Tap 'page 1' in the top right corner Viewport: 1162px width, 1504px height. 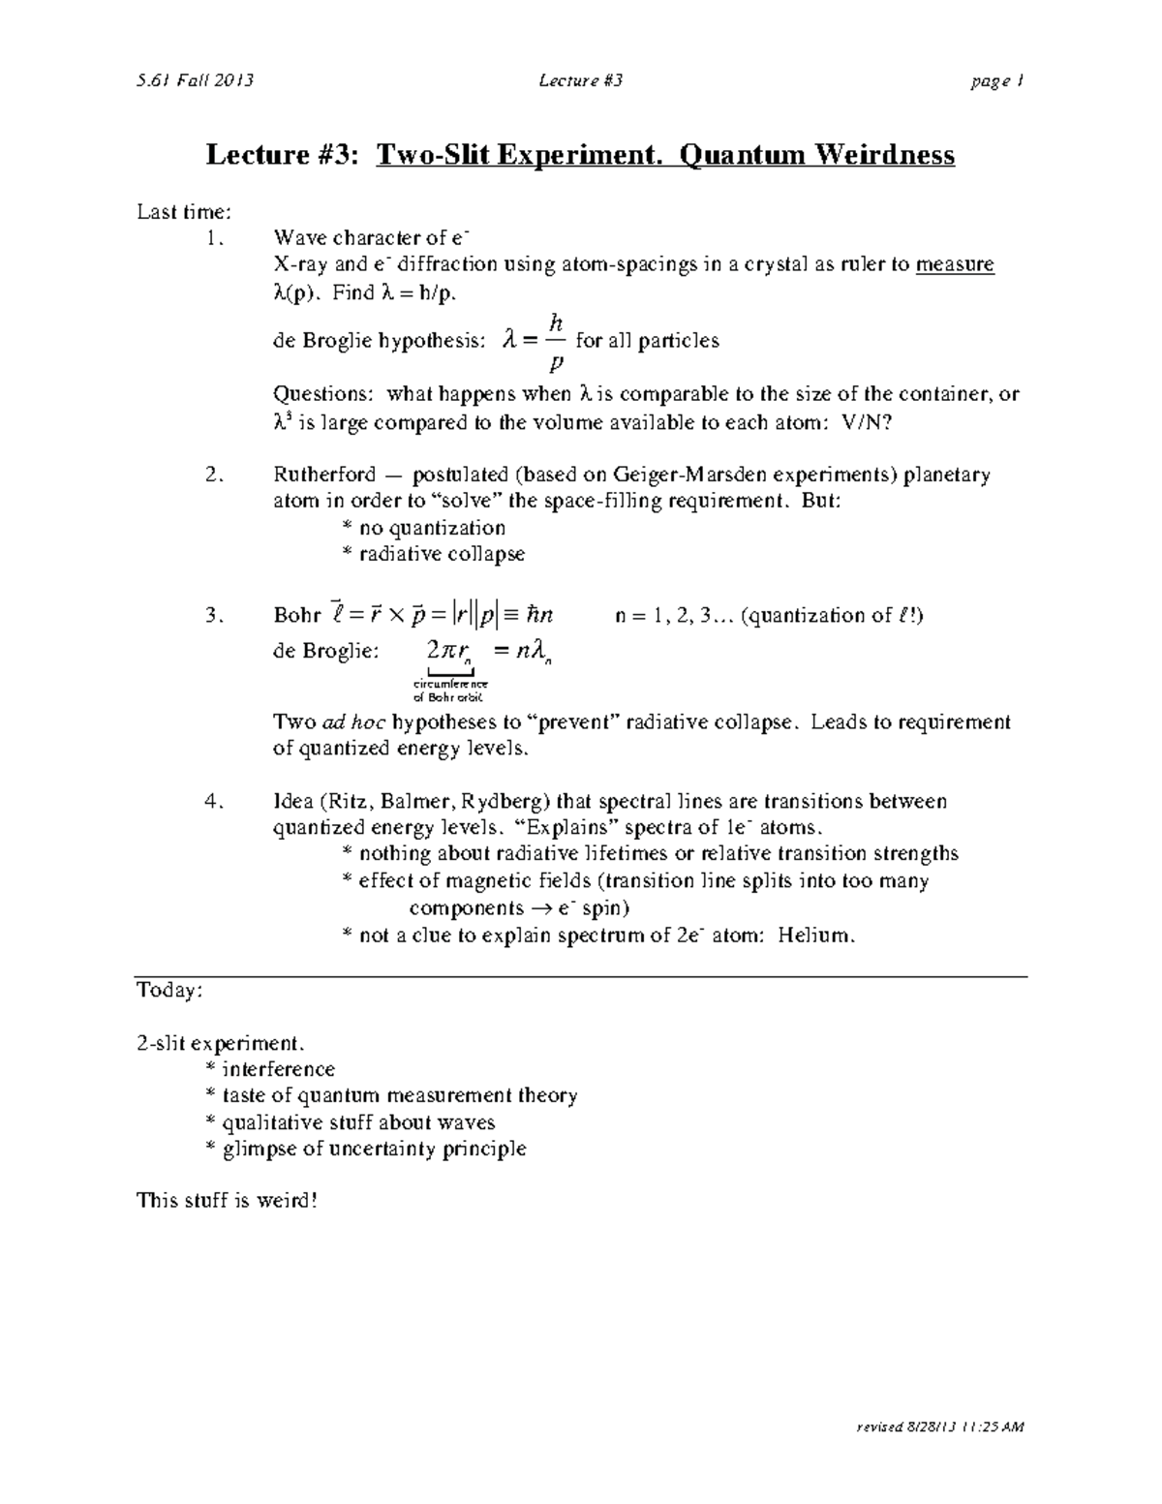[997, 81]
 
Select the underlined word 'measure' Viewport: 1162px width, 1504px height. [955, 264]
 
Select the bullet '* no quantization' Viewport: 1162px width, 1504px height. [424, 528]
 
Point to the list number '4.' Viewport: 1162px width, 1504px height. [215, 801]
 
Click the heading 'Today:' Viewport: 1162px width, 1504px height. [169, 990]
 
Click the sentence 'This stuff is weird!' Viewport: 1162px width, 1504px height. [227, 1201]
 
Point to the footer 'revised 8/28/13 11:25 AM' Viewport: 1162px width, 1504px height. [939, 1427]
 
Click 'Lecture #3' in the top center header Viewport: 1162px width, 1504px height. [581, 80]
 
